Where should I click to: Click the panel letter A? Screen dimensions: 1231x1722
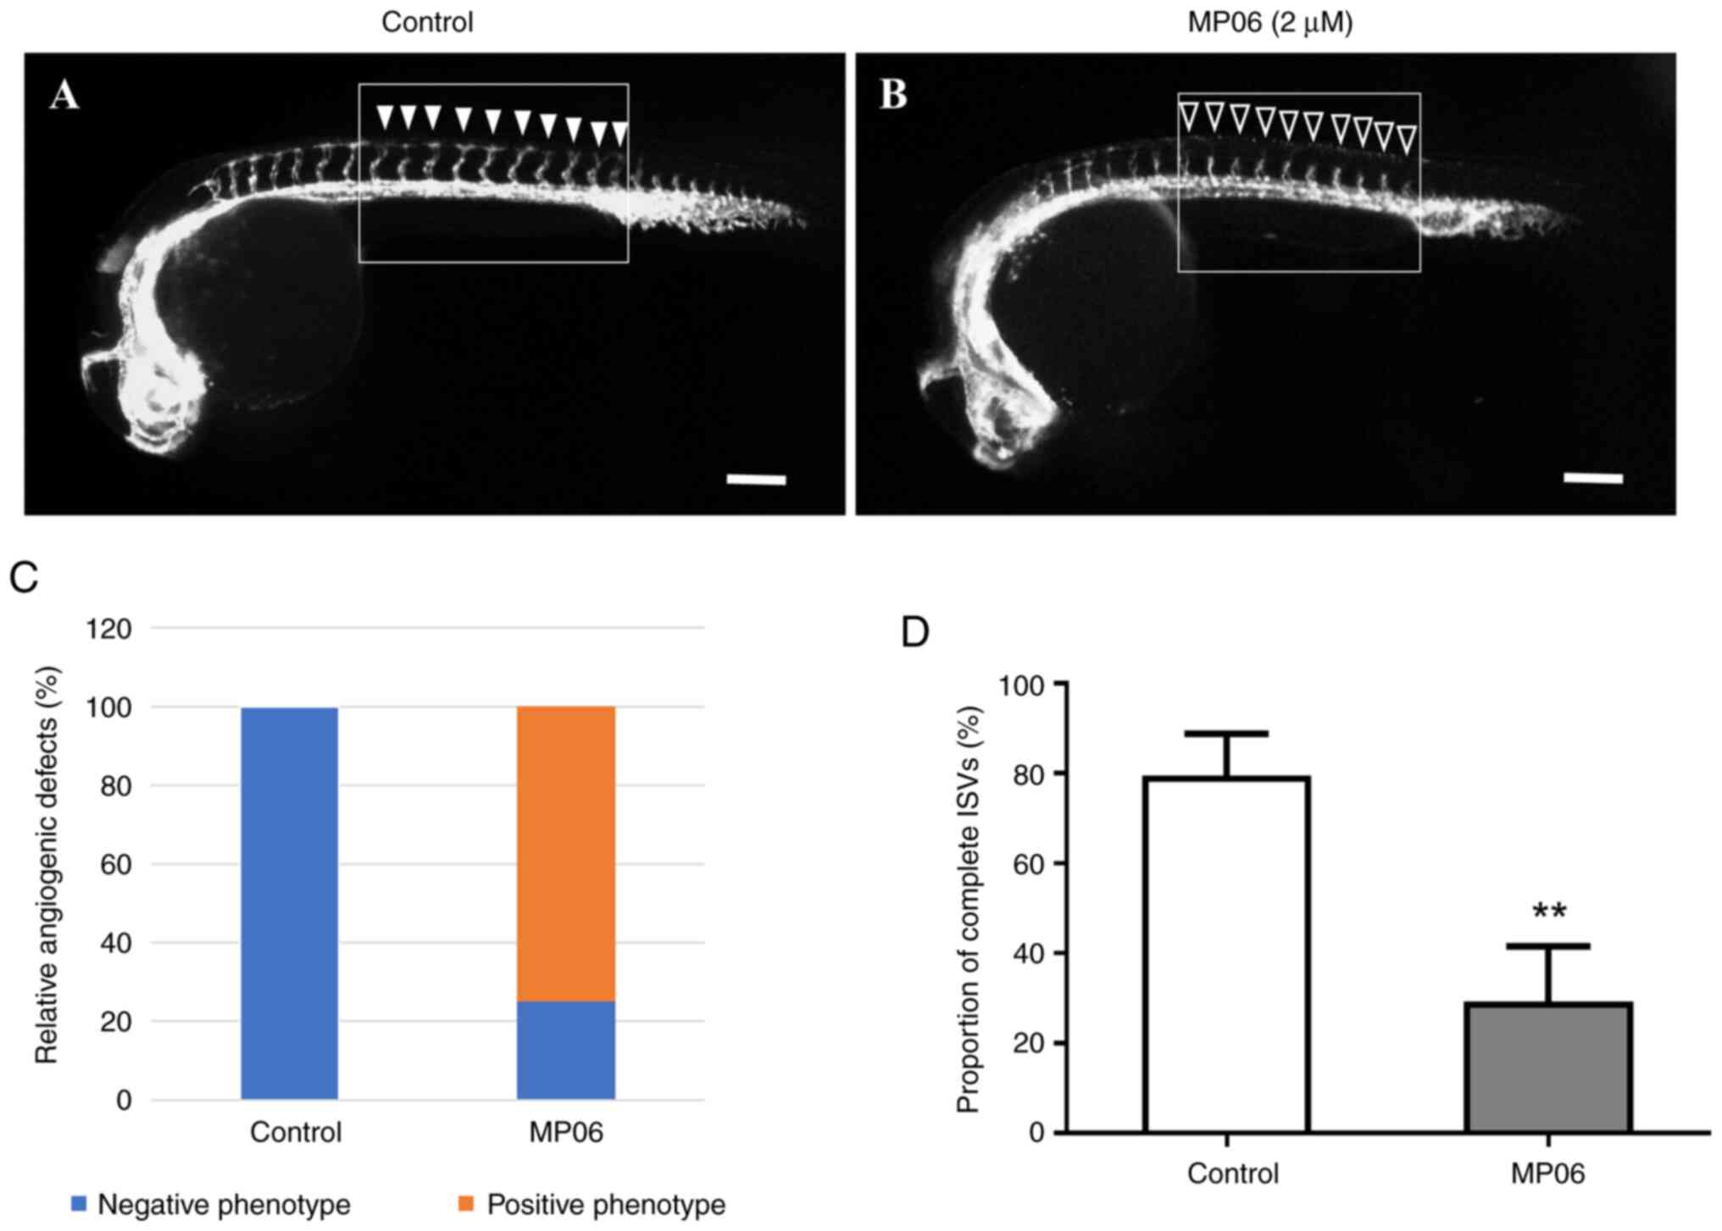pyautogui.click(x=64, y=96)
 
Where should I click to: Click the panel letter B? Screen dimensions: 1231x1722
pyautogui.click(x=893, y=96)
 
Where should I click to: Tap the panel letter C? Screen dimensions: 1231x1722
pyautogui.click(x=24, y=578)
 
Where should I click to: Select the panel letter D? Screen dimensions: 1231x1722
pyautogui.click(x=915, y=632)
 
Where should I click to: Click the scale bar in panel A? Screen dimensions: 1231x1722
pyautogui.click(x=756, y=480)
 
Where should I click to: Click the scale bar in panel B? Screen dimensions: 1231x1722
pyautogui.click(x=1592, y=479)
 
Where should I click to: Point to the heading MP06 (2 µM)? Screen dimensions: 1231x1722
pyautogui.click(x=1269, y=22)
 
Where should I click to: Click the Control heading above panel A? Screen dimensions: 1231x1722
pyautogui.click(x=427, y=22)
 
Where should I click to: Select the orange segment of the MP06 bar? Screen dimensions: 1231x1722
pyautogui.click(x=566, y=854)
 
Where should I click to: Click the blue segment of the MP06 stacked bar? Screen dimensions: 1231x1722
pyautogui.click(x=566, y=1051)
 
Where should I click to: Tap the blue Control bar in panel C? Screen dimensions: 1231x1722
pyautogui.click(x=290, y=903)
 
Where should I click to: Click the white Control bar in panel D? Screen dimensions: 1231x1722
pyautogui.click(x=1226, y=954)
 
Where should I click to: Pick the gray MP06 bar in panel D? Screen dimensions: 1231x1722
pyautogui.click(x=1548, y=1067)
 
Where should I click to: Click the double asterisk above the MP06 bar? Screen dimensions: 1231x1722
pyautogui.click(x=1549, y=912)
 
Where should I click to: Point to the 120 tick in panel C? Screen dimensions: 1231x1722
pyautogui.click(x=109, y=629)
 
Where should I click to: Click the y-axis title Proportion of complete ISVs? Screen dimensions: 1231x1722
pyautogui.click(x=968, y=908)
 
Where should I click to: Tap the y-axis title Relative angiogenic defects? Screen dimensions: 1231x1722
pyautogui.click(x=47, y=864)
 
